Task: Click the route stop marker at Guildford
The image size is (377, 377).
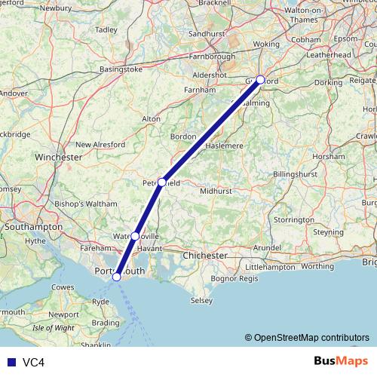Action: coord(260,79)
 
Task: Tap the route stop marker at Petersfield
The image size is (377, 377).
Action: coord(161,182)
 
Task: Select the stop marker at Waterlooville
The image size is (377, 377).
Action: coord(135,236)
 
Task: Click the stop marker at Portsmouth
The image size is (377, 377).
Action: coord(116,277)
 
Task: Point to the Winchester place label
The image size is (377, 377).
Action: coord(59,158)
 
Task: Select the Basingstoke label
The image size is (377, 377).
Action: coord(120,69)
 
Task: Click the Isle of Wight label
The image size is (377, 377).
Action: coord(54,328)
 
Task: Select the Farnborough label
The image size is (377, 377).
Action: coord(212,56)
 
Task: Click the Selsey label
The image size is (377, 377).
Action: coord(201,300)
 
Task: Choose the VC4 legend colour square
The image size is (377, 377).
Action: coord(10,362)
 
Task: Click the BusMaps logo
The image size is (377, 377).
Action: coord(341,361)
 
